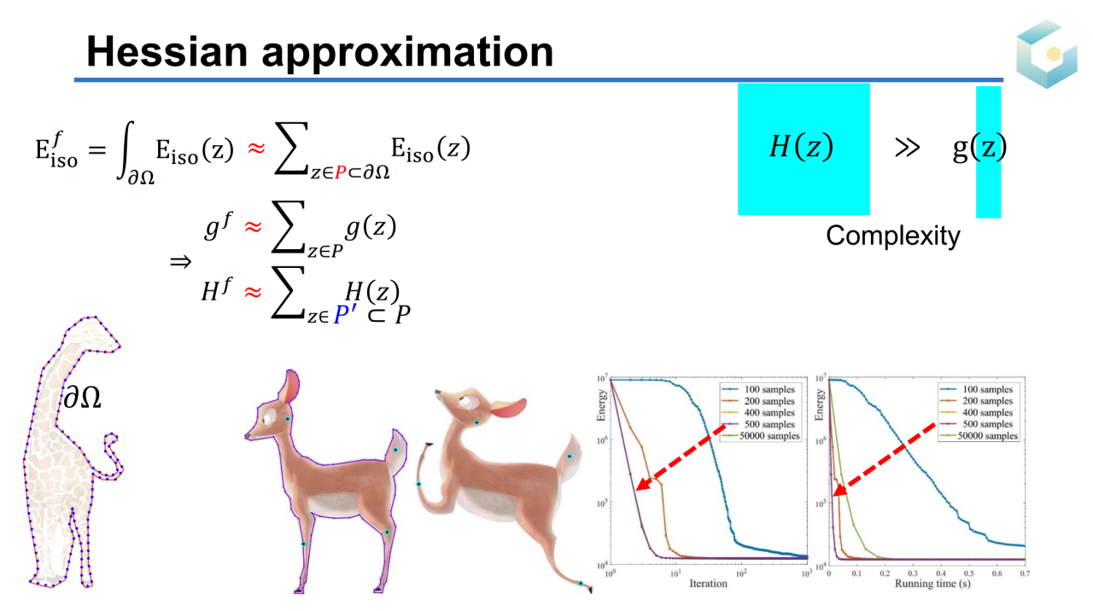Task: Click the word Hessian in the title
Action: pyautogui.click(x=167, y=52)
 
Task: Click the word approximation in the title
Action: pyautogui.click(x=407, y=54)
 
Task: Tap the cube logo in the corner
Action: pyautogui.click(x=1047, y=54)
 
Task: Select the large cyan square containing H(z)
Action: pyautogui.click(x=804, y=149)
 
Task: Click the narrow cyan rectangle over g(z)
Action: pyautogui.click(x=988, y=152)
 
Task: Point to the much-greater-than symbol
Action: pyautogui.click(x=907, y=148)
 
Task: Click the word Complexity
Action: pyautogui.click(x=893, y=236)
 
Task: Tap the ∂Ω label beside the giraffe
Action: pyautogui.click(x=83, y=398)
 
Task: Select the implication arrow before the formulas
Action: pyautogui.click(x=180, y=262)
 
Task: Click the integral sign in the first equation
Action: pyautogui.click(x=126, y=150)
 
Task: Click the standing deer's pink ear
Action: pyautogui.click(x=289, y=387)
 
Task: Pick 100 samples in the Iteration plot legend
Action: pyautogui.click(x=769, y=390)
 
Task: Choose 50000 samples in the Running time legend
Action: pyautogui.click(x=988, y=436)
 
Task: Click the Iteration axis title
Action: pyautogui.click(x=708, y=583)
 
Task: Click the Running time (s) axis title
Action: pyautogui.click(x=932, y=584)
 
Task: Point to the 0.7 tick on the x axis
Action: pyautogui.click(x=1025, y=573)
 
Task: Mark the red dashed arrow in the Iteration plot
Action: pyautogui.click(x=681, y=457)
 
